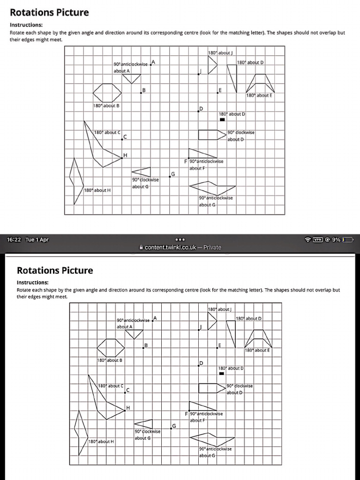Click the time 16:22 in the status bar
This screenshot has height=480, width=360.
[x=14, y=240]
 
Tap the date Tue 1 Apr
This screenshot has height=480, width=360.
[x=37, y=240]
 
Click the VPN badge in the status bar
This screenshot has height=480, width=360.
[x=319, y=240]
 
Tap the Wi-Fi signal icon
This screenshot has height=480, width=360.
[x=307, y=240]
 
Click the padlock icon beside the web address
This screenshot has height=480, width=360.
[x=141, y=247]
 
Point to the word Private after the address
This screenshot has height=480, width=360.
[x=212, y=247]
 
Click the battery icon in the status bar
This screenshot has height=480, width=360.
[x=347, y=240]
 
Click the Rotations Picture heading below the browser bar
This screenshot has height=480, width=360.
[x=55, y=270]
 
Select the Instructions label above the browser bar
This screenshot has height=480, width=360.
[x=26, y=25]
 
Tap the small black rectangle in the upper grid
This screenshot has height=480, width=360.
[x=223, y=119]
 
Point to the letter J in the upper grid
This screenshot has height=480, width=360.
[x=201, y=71]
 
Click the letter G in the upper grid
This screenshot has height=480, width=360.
[x=172, y=174]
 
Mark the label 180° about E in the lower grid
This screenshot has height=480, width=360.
[x=257, y=350]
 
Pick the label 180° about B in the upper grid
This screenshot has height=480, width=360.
[x=105, y=105]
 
